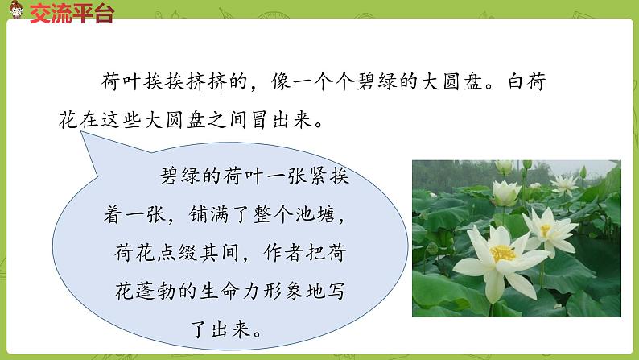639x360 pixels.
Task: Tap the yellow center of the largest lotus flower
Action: pyautogui.click(x=502, y=253)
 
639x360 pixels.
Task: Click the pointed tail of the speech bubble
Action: pyautogui.click(x=84, y=139)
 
